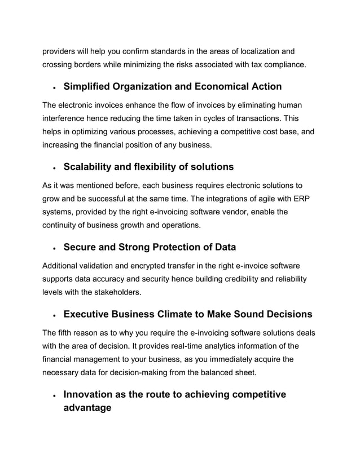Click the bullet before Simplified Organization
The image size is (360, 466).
52,89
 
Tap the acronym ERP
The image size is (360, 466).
293,199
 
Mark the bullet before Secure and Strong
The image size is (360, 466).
52,248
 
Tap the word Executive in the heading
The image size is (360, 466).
89,314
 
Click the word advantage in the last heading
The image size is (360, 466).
87,407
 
